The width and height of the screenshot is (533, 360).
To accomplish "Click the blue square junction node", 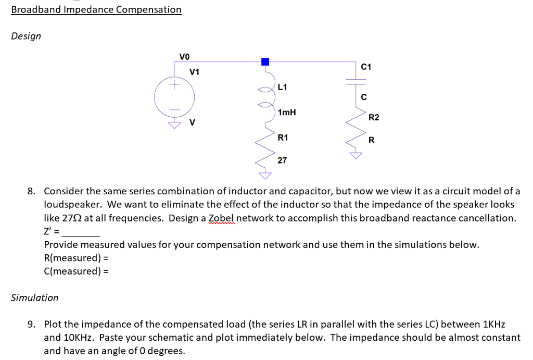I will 265,62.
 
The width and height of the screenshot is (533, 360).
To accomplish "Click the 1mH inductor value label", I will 287,113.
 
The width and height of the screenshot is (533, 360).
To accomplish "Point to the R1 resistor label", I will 283,138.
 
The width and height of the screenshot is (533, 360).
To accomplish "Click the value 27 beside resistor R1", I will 282,160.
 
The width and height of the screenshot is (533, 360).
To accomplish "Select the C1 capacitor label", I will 366,67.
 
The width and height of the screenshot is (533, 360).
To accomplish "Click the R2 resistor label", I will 374,118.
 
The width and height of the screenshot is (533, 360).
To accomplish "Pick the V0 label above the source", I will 184,57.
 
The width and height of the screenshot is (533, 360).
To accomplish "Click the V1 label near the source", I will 195,71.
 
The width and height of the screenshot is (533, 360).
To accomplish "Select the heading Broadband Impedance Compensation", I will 96,10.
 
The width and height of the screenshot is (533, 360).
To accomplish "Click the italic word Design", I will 26,36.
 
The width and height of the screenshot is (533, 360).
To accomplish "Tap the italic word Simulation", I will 35,298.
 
